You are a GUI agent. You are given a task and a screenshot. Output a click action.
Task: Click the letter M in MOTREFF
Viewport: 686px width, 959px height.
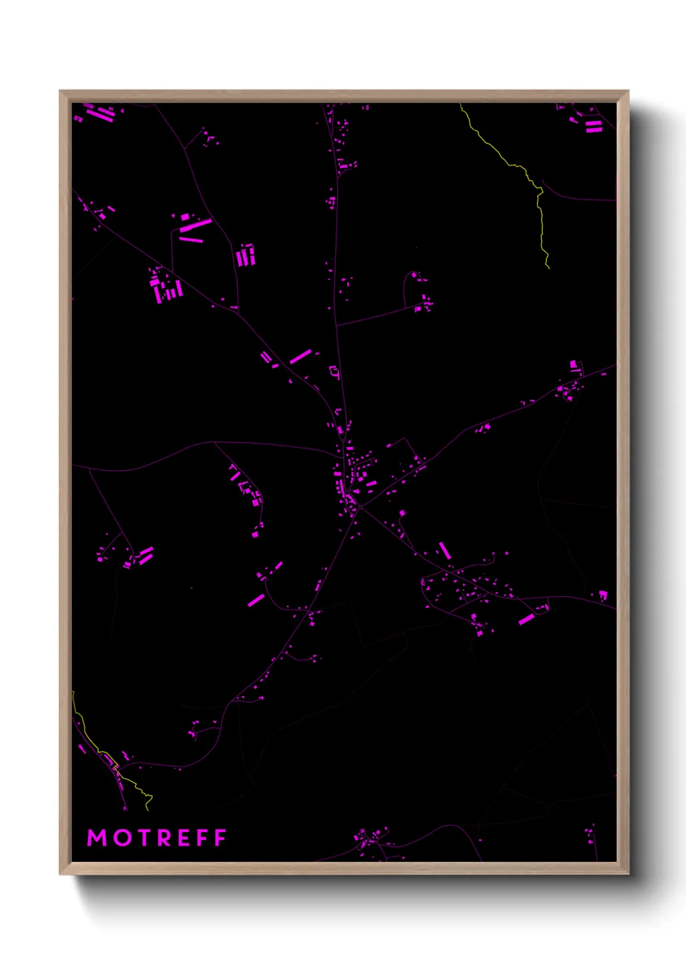pos(97,838)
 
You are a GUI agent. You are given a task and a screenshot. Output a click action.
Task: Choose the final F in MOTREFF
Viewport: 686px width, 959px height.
pos(220,838)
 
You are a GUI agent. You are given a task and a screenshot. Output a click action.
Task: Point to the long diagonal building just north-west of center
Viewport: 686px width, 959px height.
pos(300,356)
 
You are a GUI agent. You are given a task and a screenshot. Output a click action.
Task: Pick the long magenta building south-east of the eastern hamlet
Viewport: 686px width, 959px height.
pos(526,619)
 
